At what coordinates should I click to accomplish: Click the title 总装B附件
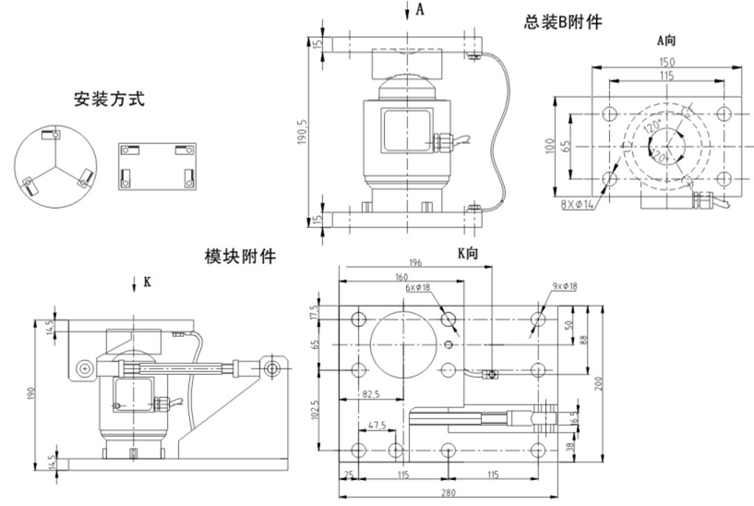562,21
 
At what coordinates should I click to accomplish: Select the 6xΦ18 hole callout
418,287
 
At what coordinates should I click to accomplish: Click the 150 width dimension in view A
666,62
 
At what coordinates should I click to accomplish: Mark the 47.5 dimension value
376,428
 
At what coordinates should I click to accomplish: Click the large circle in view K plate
401,343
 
